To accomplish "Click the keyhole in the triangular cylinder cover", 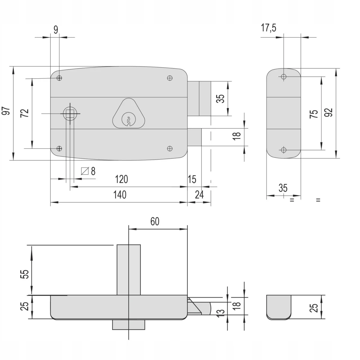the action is [x=128, y=119].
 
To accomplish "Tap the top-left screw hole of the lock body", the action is [x=59, y=78].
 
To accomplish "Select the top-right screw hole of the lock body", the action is [x=169, y=78].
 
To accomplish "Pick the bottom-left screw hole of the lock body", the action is [x=59, y=148].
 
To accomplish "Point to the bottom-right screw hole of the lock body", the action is [x=169, y=148].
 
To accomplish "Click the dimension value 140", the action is [x=120, y=195].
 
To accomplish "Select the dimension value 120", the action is [x=121, y=179].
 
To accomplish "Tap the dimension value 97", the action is [x=6, y=111].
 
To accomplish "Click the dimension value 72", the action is [x=25, y=113].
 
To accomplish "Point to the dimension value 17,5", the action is [x=268, y=28].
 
